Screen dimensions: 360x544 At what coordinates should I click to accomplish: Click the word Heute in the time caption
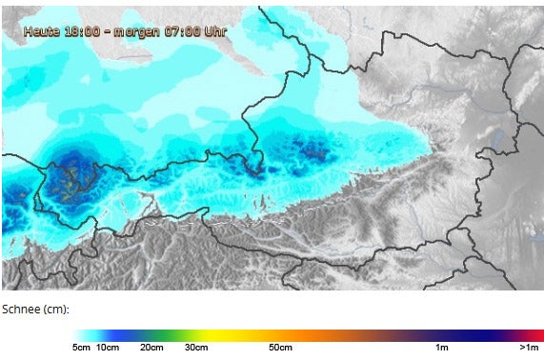[x=42, y=30]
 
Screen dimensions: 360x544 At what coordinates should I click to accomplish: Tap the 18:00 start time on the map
[x=82, y=30]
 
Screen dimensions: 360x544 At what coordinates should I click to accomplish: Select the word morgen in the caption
[x=135, y=30]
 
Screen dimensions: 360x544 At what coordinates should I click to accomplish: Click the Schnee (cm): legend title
[x=36, y=310]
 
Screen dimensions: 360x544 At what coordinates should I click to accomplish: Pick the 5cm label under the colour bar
[x=82, y=348]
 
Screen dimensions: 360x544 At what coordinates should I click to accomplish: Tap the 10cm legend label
[x=108, y=348]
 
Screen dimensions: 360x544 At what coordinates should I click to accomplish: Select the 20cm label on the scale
[x=151, y=348]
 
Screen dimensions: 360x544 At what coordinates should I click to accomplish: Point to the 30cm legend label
[x=196, y=348]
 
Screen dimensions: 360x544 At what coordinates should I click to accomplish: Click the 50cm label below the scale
[x=280, y=348]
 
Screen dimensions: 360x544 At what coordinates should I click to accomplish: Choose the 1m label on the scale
[x=442, y=348]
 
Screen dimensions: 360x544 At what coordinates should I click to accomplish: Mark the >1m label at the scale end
[x=529, y=348]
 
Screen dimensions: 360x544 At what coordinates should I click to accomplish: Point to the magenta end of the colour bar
[x=536, y=334]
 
